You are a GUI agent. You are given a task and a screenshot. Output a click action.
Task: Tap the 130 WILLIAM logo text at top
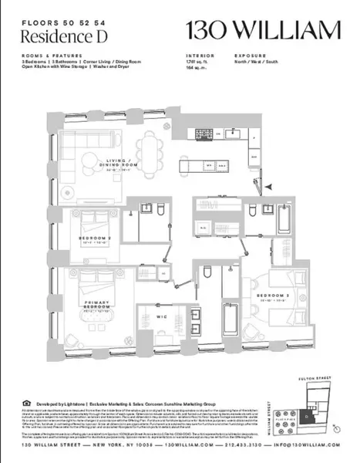[x=263, y=31]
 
